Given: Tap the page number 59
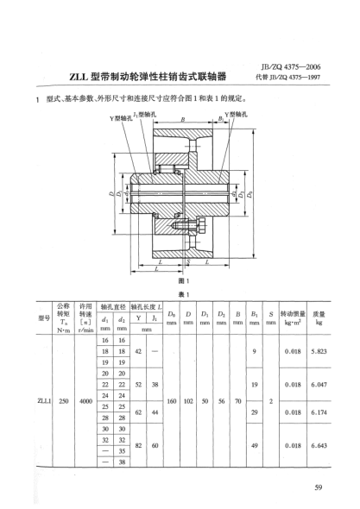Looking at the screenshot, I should (320, 491).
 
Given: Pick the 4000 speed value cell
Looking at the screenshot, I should (85, 399).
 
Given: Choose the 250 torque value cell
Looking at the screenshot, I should (62, 399).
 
